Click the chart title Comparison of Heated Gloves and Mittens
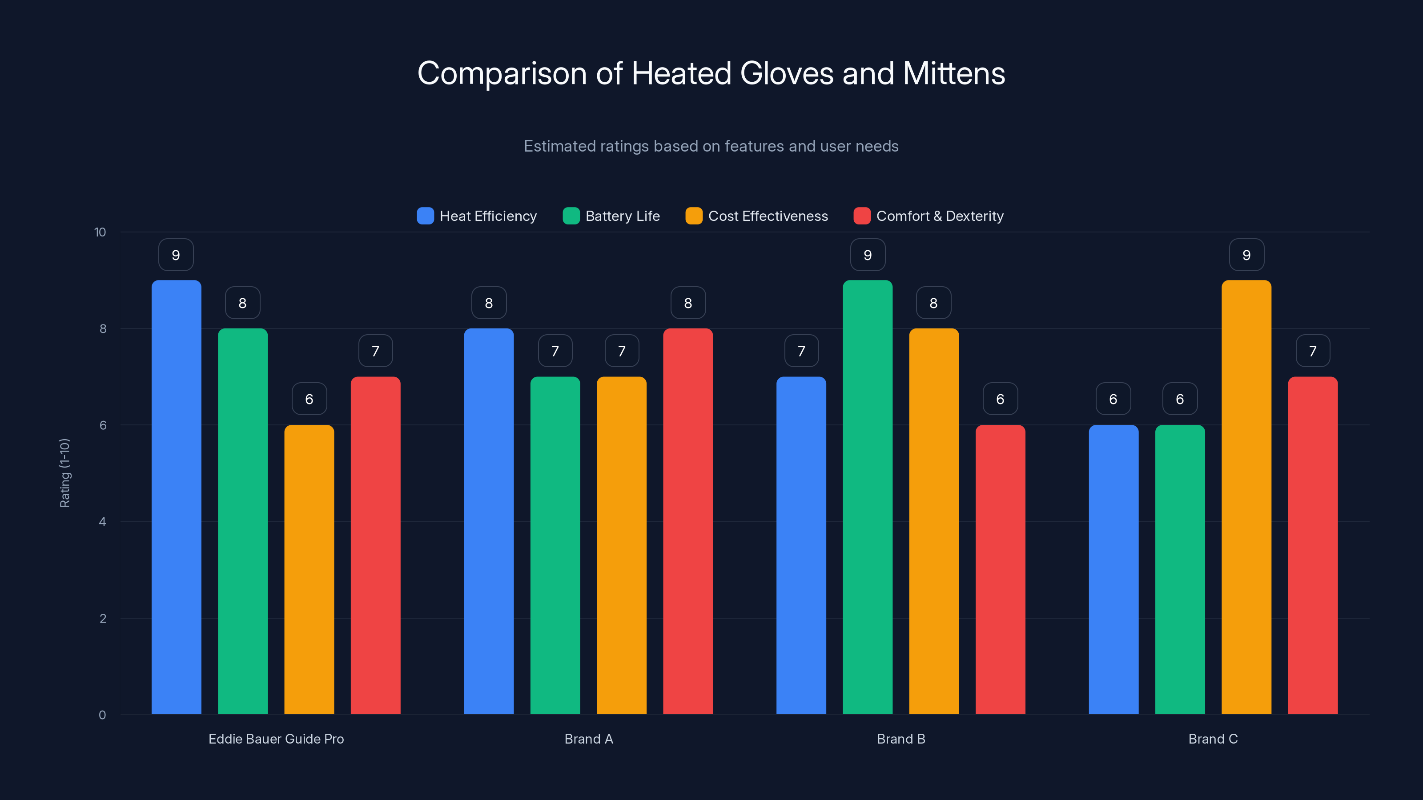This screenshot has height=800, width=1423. pos(711,73)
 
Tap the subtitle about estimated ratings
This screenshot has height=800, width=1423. pos(711,146)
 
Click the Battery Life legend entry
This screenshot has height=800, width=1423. pos(611,216)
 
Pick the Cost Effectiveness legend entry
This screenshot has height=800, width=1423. pos(757,216)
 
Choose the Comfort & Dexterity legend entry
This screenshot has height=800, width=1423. pos(929,216)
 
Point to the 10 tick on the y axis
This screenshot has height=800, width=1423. pos(100,232)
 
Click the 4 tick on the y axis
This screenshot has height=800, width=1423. pos(102,522)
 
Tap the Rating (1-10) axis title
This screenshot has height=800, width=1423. pos(64,473)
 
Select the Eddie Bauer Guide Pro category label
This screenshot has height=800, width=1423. pos(276,739)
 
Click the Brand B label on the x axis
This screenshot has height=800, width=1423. pos(901,739)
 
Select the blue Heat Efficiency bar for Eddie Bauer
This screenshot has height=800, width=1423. pos(176,497)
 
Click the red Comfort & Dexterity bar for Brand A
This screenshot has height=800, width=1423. pos(688,522)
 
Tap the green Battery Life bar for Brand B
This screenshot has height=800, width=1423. pos(867,497)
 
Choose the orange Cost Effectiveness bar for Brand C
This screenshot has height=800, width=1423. pos(1246,497)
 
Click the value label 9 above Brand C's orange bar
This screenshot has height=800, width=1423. pos(1246,255)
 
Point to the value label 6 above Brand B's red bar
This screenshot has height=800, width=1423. pos(1000,399)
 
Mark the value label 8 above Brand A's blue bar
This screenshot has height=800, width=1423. pos(489,303)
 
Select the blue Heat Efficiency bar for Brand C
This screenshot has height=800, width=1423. pos(1113,569)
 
